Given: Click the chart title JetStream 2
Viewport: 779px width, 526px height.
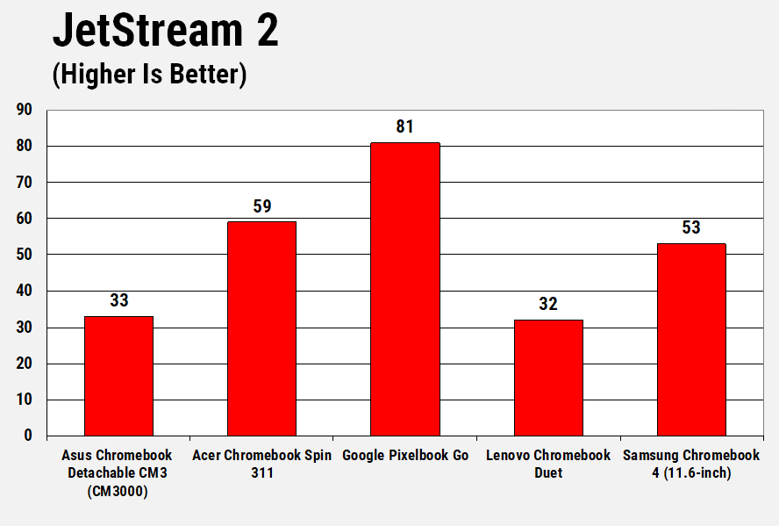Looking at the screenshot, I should click(166, 31).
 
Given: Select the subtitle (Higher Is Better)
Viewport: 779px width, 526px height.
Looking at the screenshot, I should click(149, 75).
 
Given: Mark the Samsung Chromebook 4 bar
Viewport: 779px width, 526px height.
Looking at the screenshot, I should click(691, 339).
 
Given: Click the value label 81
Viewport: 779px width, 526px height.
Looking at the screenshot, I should click(404, 127).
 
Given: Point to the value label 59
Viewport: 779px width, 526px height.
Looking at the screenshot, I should click(261, 207).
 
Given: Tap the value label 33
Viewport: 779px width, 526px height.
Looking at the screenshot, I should click(118, 301).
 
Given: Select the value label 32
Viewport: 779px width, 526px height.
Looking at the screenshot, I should click(548, 305).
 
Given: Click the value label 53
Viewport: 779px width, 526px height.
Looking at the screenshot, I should click(691, 228).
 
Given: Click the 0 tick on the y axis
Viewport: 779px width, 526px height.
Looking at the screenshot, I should click(28, 436).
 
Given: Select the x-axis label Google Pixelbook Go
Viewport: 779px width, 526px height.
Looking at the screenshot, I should click(405, 456).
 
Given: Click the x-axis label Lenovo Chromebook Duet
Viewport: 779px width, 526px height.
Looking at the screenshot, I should click(548, 464).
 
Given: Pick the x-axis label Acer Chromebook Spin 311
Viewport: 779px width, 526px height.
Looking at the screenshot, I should click(261, 464).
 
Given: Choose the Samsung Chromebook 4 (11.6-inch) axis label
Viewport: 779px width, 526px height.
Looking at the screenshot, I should click(691, 464).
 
